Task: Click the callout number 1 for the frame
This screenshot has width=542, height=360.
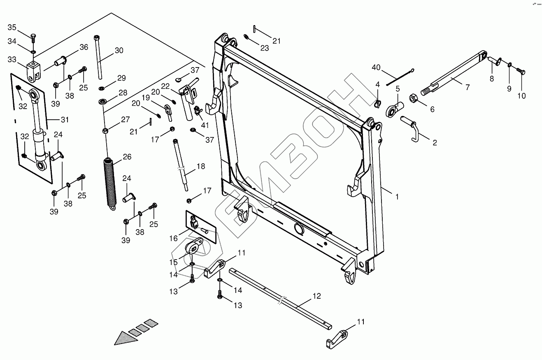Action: click(x=397, y=197)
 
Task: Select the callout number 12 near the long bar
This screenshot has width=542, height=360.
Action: click(x=316, y=296)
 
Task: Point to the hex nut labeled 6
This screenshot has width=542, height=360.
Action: click(x=414, y=99)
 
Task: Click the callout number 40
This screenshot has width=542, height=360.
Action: click(x=377, y=67)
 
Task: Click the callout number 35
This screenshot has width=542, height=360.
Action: click(x=12, y=28)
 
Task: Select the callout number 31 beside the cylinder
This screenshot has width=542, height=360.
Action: click(x=65, y=120)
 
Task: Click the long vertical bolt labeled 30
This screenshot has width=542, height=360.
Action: click(x=99, y=58)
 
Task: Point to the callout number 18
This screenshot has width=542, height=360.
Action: click(x=200, y=167)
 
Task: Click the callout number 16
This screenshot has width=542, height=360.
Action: click(x=173, y=238)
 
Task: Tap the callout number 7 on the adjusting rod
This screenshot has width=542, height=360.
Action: click(x=467, y=88)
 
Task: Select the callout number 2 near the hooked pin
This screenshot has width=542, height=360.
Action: click(x=435, y=143)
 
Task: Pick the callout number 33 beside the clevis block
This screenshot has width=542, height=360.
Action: click(x=12, y=59)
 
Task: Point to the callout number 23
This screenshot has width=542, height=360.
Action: click(x=264, y=48)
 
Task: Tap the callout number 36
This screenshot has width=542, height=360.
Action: click(x=84, y=47)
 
